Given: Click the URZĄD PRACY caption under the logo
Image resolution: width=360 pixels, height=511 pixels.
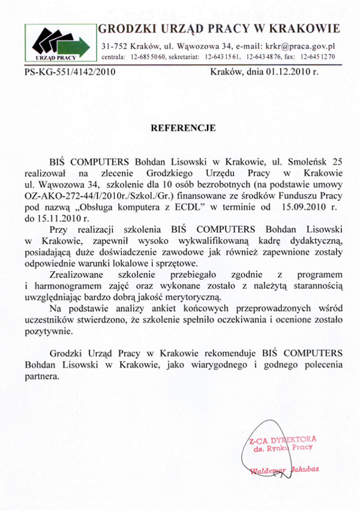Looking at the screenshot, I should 56,58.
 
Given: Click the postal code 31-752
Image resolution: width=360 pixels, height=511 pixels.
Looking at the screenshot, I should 113,46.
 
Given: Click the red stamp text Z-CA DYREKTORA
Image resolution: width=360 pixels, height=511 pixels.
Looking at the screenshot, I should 283,440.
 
